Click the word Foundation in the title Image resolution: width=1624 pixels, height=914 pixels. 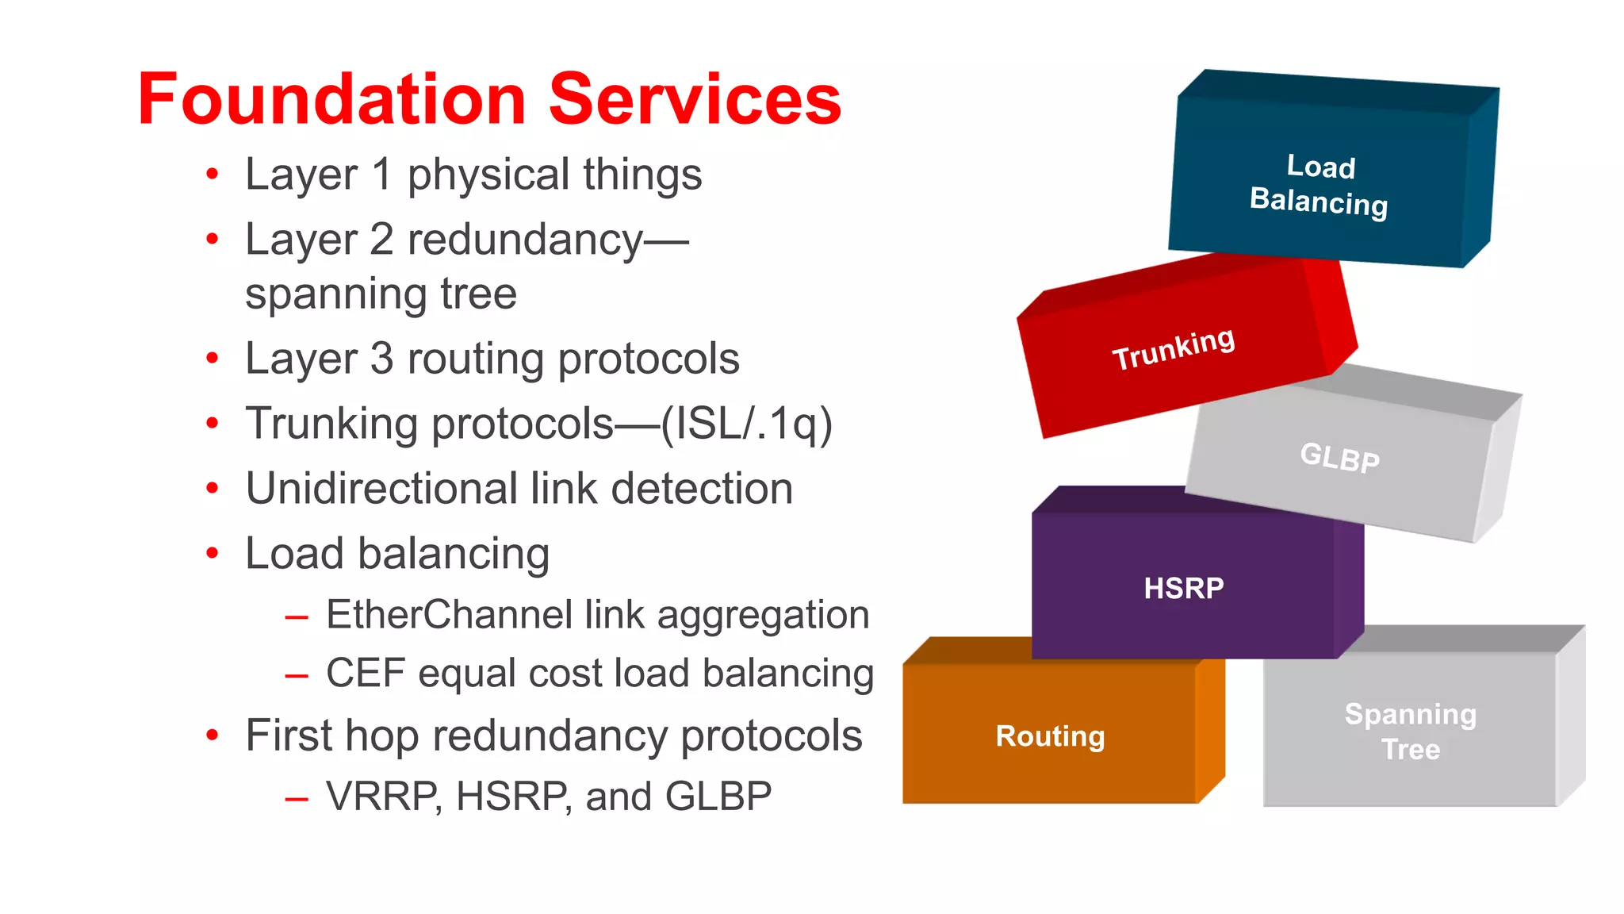[x=331, y=99]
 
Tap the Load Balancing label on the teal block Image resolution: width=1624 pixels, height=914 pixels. [x=1319, y=185]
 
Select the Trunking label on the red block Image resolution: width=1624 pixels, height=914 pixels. [x=1174, y=348]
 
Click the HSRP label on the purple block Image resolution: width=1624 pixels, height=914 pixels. [x=1183, y=588]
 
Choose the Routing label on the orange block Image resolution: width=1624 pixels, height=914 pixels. [x=1050, y=735]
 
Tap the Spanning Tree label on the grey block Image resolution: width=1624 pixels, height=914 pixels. [x=1410, y=731]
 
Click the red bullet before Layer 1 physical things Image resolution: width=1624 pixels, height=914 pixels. [x=212, y=174]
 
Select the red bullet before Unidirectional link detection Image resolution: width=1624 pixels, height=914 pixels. [x=212, y=488]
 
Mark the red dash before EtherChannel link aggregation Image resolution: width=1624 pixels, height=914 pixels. [x=297, y=616]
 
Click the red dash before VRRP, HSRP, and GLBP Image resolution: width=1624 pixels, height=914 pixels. [x=297, y=798]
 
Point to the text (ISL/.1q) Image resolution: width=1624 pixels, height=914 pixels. [x=746, y=424]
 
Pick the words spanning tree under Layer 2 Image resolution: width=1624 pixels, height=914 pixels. [x=381, y=294]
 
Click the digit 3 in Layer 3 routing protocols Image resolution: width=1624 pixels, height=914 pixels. [x=381, y=359]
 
